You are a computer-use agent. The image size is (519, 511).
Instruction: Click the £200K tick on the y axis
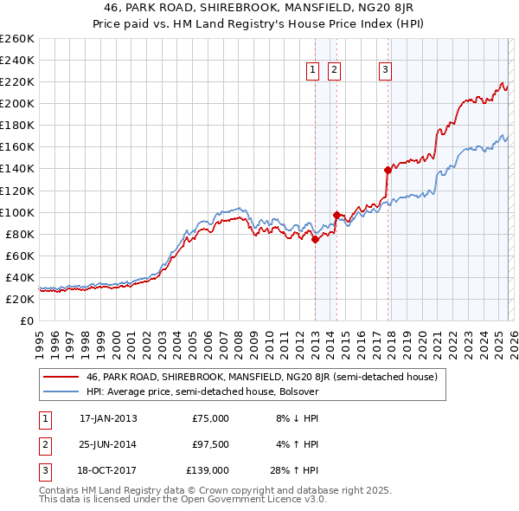[x=17, y=103]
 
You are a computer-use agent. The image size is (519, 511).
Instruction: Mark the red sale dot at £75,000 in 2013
[x=315, y=240]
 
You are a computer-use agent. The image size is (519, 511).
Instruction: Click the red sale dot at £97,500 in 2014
[x=336, y=215]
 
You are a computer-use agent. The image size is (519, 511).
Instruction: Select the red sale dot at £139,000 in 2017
[x=388, y=170]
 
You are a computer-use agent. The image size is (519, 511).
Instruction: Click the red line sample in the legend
[x=60, y=377]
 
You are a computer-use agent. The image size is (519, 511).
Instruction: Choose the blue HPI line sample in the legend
[x=60, y=391]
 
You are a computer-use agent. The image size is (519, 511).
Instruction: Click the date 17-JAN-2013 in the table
[x=108, y=418]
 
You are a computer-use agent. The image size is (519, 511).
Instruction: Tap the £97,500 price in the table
[x=210, y=444]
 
